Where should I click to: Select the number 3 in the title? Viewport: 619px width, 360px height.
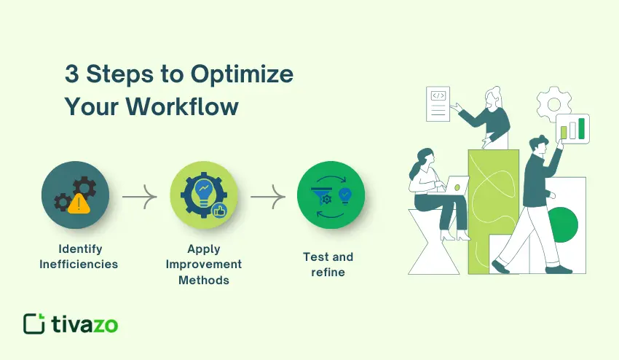tap(73, 75)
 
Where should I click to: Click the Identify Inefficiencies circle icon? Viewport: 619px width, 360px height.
tap(75, 195)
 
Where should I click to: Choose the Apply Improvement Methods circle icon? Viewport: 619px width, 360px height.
tap(204, 195)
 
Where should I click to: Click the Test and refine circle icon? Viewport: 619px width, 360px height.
tap(331, 195)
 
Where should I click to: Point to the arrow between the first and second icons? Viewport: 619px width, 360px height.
tap(139, 196)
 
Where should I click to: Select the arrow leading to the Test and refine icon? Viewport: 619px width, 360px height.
tap(267, 196)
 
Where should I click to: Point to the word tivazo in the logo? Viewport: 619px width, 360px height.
tap(84, 324)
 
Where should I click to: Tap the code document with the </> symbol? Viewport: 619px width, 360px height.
tap(438, 105)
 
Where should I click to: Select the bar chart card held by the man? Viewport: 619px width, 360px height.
tap(572, 129)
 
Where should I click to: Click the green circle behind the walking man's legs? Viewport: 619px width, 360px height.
tap(562, 222)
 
